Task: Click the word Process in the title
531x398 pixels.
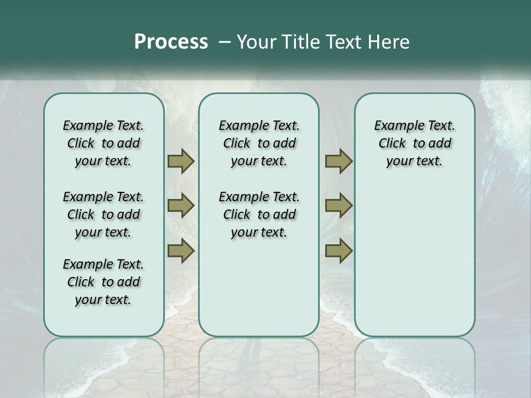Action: tap(171, 42)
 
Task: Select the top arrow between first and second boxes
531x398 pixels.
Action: tap(181, 161)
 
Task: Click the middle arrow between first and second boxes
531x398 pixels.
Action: tap(181, 206)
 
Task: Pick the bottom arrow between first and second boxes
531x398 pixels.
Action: tap(181, 251)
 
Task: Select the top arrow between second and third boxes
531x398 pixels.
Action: tap(339, 161)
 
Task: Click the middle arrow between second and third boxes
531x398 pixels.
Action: tap(339, 206)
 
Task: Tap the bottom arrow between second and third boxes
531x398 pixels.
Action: tap(339, 251)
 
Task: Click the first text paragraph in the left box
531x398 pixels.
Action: tap(103, 143)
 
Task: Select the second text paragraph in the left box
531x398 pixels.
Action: tap(103, 214)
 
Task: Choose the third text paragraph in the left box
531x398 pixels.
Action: tap(103, 282)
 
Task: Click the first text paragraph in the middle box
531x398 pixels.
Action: tap(259, 143)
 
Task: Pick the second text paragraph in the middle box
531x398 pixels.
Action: tap(259, 214)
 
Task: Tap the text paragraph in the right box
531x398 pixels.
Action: tap(415, 143)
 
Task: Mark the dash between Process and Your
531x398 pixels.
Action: tap(225, 42)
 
